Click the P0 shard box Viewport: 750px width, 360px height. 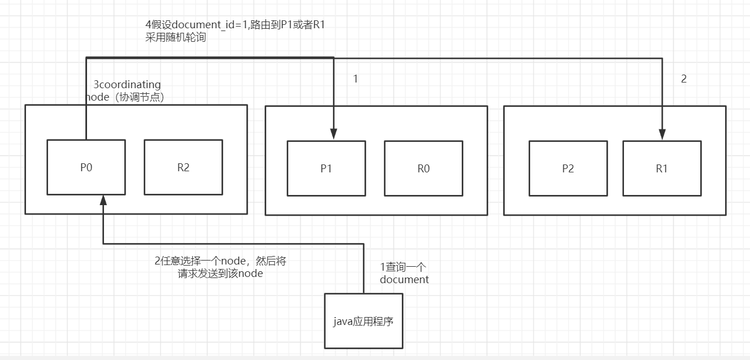pos(86,167)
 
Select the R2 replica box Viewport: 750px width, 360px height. pos(183,167)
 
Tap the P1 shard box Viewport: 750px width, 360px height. pos(326,168)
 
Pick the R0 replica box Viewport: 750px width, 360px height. pos(423,168)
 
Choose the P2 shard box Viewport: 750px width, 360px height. pos(568,168)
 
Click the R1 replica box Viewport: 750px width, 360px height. pos(662,168)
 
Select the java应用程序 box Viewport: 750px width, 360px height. pos(363,321)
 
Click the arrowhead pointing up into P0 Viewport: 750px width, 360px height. pos(103,199)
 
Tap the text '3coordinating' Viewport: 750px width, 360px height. pos(127,85)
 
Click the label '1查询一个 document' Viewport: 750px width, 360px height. pos(404,273)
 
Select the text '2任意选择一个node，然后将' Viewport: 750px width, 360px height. pos(224,261)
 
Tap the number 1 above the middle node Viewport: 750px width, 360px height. pos(356,79)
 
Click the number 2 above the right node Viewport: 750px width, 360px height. pos(683,79)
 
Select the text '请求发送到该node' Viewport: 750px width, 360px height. pos(220,274)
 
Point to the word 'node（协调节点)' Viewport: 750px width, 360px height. pos(125,97)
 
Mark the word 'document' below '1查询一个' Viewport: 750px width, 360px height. pos(404,279)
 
